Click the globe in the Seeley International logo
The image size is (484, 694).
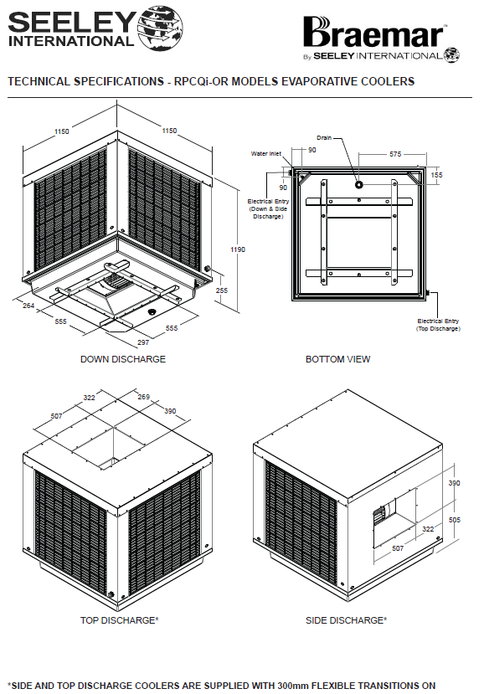[161, 28]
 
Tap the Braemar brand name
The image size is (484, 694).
[373, 33]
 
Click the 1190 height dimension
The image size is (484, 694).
[238, 249]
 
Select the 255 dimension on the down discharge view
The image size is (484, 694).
[221, 290]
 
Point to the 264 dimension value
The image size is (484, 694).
[28, 306]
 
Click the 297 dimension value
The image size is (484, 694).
[143, 342]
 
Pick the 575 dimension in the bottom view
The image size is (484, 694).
[395, 154]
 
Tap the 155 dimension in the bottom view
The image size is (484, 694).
[436, 175]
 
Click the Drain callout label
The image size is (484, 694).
[324, 137]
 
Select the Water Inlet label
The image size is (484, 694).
[266, 153]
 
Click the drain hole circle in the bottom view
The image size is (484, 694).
[358, 183]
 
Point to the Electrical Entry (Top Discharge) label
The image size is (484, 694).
[438, 325]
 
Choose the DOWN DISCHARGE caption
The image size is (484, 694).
[122, 359]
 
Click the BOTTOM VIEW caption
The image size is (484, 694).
[337, 359]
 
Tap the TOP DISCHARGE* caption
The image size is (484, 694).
[119, 620]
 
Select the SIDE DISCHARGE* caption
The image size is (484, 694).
[347, 620]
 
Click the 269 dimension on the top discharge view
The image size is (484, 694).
[143, 397]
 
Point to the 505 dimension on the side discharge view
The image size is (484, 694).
[455, 520]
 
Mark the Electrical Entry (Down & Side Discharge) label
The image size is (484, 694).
[268, 209]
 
